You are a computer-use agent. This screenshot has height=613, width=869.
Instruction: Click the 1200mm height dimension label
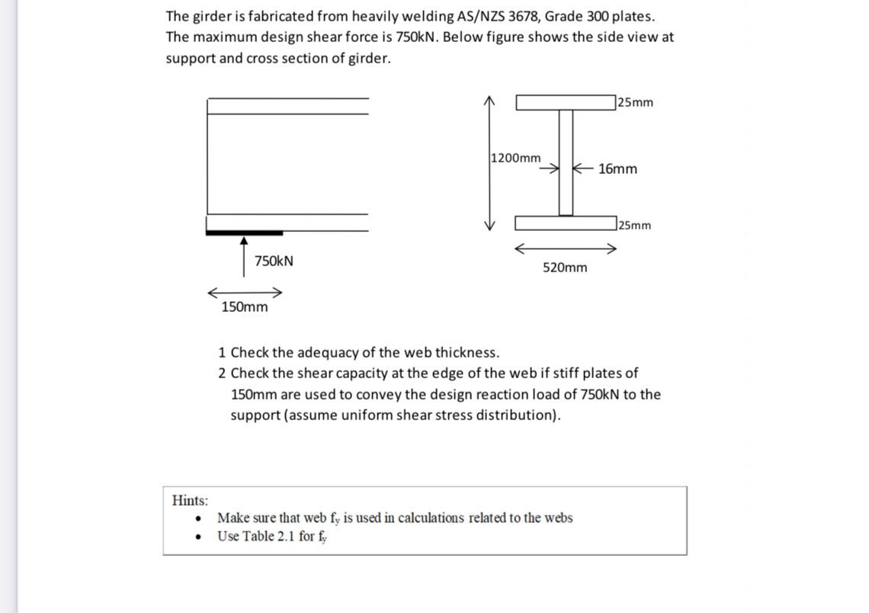516,158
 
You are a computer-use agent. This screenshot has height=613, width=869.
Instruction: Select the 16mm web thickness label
617,168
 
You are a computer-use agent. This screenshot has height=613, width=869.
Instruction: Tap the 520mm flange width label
565,268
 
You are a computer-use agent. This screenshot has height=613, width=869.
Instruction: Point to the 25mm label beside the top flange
636,102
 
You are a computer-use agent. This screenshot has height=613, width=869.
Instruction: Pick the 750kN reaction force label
274,261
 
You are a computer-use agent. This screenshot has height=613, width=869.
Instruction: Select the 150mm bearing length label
244,307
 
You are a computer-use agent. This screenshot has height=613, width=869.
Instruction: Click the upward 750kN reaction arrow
244,256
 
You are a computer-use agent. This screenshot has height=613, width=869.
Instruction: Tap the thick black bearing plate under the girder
244,232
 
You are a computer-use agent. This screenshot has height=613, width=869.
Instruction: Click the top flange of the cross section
566,102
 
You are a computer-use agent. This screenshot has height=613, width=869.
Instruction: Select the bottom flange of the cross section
566,223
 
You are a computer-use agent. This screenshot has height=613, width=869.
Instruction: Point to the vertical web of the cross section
566,162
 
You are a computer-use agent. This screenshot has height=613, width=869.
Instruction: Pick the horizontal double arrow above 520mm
565,249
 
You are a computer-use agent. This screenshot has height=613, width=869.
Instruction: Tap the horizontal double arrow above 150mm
245,293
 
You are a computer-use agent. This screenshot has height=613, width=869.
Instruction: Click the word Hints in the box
190,500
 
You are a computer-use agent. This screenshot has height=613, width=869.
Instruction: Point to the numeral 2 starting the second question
222,373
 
